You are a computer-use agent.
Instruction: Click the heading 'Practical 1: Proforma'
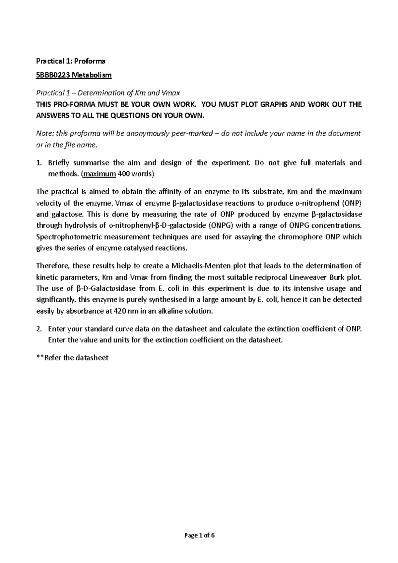point(70,61)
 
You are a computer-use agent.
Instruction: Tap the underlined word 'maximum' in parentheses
point(99,174)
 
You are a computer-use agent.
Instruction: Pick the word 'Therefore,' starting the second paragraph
point(52,266)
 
